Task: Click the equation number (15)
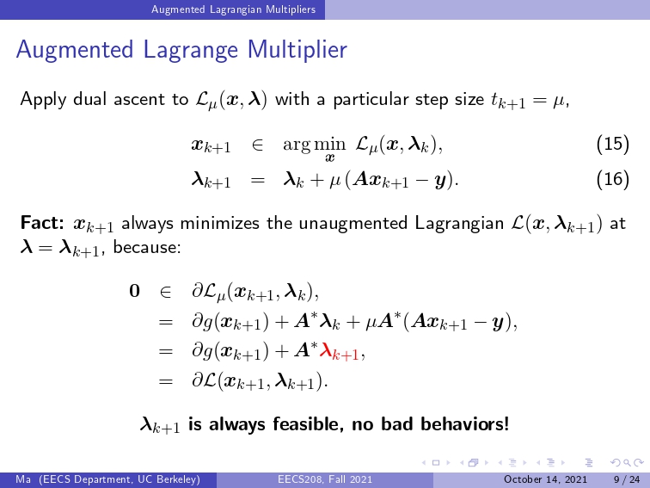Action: coord(613,144)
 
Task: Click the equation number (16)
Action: coord(613,179)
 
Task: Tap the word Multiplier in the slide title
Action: coord(297,49)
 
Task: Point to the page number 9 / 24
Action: coord(627,479)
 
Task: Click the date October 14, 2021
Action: coord(545,479)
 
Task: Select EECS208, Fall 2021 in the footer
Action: coord(325,479)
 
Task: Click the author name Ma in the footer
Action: coord(23,479)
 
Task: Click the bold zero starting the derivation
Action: coord(134,291)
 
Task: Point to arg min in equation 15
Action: coord(314,145)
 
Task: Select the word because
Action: coord(147,247)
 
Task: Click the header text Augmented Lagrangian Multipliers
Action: coord(233,9)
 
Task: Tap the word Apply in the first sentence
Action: coord(44,100)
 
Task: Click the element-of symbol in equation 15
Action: coord(257,145)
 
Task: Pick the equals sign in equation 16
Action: coord(257,181)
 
